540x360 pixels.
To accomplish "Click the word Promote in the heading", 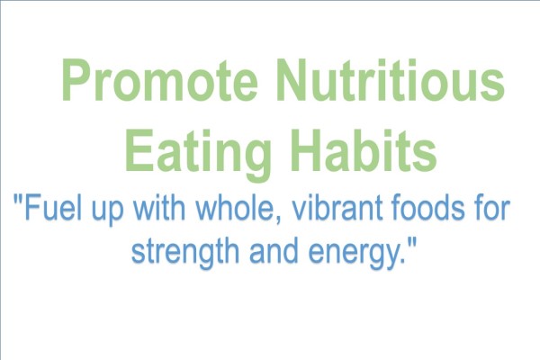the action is pyautogui.click(x=159, y=80).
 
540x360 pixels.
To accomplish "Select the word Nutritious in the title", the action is pyautogui.click(x=391, y=80).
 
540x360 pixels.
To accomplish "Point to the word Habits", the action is pyautogui.click(x=364, y=150).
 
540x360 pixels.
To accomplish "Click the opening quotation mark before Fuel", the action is pyautogui.click(x=19, y=200).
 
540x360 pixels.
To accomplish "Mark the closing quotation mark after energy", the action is pyautogui.click(x=411, y=242).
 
